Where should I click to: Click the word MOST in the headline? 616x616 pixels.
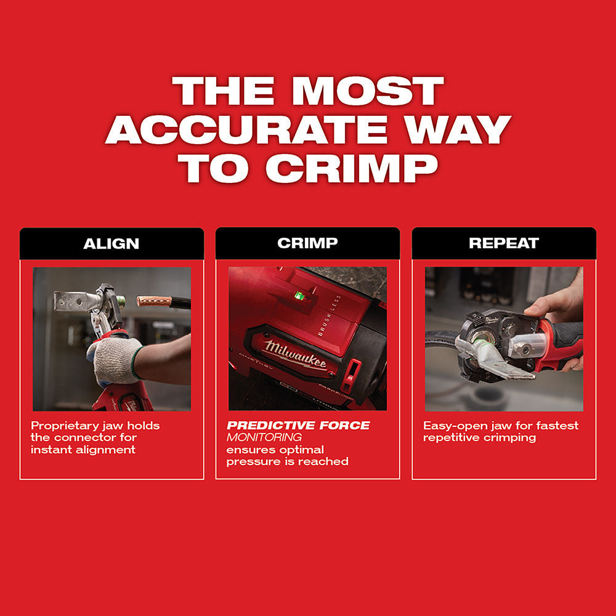coord(367,91)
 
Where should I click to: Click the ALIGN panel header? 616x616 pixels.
coord(111,243)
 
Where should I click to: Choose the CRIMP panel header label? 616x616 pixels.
coord(307,243)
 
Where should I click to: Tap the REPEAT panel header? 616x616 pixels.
coord(504,243)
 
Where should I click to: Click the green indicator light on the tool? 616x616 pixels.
coord(299,296)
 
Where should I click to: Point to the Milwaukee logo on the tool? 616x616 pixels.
coord(296,354)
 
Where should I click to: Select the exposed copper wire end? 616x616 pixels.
coord(154,301)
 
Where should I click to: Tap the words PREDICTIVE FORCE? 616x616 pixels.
coord(298,426)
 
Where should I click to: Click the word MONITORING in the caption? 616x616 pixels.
coord(264,437)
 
